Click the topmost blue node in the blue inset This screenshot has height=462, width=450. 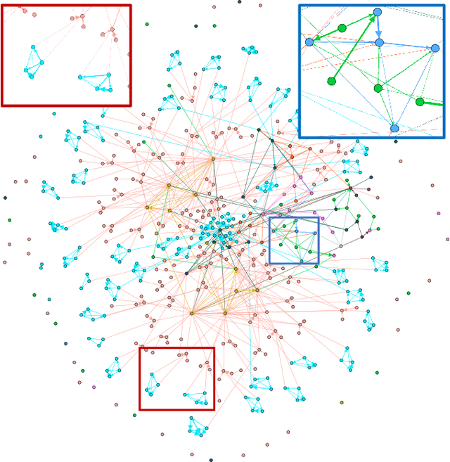tap(378, 12)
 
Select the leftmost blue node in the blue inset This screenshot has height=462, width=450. tap(309, 42)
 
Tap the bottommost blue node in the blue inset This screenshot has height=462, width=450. tap(394, 128)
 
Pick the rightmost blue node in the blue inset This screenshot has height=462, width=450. tap(435, 49)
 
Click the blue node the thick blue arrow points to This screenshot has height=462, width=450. tap(379, 43)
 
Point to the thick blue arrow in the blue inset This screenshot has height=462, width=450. tap(378, 28)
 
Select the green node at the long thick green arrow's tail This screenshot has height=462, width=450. tap(332, 81)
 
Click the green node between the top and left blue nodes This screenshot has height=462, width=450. tap(342, 28)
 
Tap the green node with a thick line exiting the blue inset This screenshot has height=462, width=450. tap(420, 101)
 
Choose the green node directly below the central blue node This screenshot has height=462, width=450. tap(378, 88)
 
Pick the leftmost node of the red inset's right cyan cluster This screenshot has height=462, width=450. tap(80, 77)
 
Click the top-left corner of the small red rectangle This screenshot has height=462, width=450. tap(139, 347)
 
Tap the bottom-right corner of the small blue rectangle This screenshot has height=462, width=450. tap(319, 264)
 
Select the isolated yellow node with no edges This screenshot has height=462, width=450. tap(342, 402)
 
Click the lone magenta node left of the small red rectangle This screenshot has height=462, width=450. tap(94, 386)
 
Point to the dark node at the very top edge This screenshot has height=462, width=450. tap(239, 2)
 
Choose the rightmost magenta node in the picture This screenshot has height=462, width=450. tap(447, 239)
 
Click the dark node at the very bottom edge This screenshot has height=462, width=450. tap(210, 460)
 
